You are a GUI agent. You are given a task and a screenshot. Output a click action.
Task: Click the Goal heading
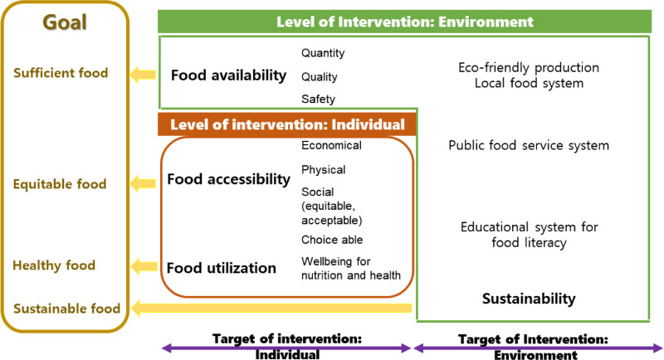click(x=65, y=22)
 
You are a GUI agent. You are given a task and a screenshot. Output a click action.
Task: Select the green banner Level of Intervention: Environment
click(x=404, y=22)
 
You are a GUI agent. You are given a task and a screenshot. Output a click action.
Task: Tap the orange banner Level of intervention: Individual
click(x=287, y=124)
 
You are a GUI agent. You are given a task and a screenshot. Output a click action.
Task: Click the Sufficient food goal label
click(x=61, y=73)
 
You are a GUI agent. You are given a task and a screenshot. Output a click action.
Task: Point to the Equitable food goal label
click(x=60, y=184)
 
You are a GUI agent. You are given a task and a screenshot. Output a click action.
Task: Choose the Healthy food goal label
click(x=54, y=265)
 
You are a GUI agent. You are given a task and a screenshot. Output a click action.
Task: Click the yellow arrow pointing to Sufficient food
click(x=143, y=75)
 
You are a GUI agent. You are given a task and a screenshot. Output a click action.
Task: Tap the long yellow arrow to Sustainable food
click(x=271, y=308)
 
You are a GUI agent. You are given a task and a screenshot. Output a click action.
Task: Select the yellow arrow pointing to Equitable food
click(x=143, y=183)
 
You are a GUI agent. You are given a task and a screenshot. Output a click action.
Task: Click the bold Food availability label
click(x=229, y=75)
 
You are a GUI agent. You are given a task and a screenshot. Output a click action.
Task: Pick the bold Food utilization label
click(x=222, y=268)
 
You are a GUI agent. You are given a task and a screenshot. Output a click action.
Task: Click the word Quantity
click(x=323, y=53)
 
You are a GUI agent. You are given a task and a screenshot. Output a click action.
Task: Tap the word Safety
click(x=319, y=99)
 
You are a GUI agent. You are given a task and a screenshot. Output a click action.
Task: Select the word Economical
click(x=331, y=145)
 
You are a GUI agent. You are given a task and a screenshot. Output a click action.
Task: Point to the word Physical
click(x=324, y=170)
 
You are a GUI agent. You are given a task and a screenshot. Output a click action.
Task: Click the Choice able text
click(x=332, y=240)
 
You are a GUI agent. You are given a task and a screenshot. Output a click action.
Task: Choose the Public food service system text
click(x=529, y=145)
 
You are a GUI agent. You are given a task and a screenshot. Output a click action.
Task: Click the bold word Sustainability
click(x=529, y=299)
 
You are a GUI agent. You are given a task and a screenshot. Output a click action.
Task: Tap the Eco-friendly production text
click(x=529, y=68)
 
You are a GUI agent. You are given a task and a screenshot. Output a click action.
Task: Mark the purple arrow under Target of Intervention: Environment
click(x=539, y=348)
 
